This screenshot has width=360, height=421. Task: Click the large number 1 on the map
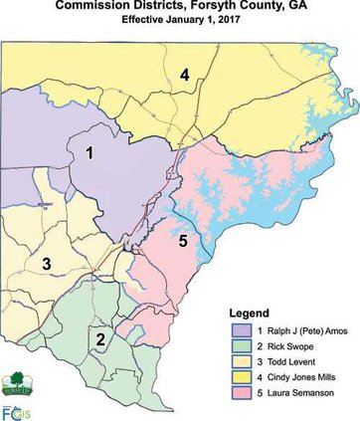[x=90, y=153]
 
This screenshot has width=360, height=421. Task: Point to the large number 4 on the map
[x=184, y=73]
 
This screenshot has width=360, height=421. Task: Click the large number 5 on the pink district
[x=182, y=239]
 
